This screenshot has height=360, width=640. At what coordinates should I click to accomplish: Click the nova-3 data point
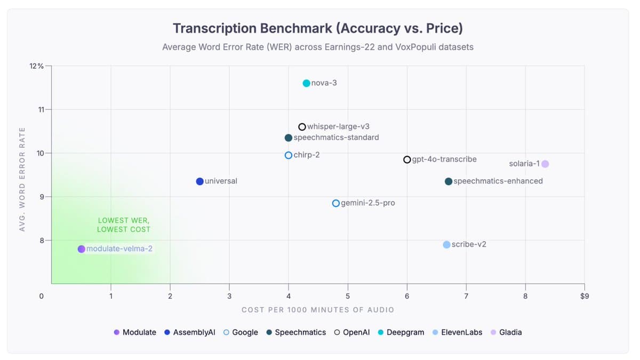[x=306, y=83]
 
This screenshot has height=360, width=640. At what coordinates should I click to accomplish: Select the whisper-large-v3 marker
[x=302, y=127]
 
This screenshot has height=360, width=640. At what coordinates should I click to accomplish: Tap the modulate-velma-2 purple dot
[x=81, y=249]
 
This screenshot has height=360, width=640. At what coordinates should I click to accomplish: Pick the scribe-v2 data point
[x=446, y=245]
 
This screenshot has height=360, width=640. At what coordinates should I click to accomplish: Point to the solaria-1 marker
[x=545, y=164]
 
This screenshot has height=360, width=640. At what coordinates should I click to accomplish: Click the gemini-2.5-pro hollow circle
[x=335, y=203]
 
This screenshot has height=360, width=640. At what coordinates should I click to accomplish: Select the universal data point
[x=199, y=181]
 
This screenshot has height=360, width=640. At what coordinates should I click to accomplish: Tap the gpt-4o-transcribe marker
[x=407, y=159]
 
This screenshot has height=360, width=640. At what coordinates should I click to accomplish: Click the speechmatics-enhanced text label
[x=498, y=181]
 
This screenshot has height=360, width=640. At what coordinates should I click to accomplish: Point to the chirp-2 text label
[x=307, y=155]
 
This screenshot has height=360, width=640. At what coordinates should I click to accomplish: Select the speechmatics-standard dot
[x=288, y=138]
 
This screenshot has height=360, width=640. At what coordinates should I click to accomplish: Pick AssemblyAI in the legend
[x=190, y=332]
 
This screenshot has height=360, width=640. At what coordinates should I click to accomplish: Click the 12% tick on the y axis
[x=37, y=66]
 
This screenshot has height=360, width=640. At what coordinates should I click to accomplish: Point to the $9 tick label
[x=584, y=296]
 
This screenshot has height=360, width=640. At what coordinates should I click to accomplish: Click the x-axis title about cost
[x=318, y=310]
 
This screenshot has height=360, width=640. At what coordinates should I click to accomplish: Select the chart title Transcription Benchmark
[x=318, y=28]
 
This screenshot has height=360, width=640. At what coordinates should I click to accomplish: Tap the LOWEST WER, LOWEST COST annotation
[x=124, y=225]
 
